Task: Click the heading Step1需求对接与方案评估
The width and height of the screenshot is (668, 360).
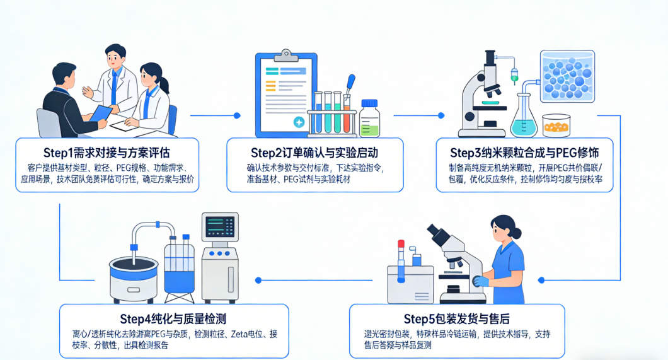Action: coord(107,153)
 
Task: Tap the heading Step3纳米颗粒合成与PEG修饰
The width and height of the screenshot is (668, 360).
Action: coord(524,153)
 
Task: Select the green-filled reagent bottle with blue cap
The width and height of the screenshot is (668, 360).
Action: coord(369,120)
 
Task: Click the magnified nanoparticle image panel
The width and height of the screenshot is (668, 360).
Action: coord(567,76)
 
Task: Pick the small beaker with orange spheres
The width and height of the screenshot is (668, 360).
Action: coord(555,125)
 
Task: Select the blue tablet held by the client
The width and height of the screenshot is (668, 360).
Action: coord(100,114)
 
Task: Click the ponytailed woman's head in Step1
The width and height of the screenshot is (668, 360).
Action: coord(152,76)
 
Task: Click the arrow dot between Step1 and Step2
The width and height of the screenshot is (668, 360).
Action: coord(237,115)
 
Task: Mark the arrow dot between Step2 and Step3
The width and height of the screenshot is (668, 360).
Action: coord(441,115)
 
